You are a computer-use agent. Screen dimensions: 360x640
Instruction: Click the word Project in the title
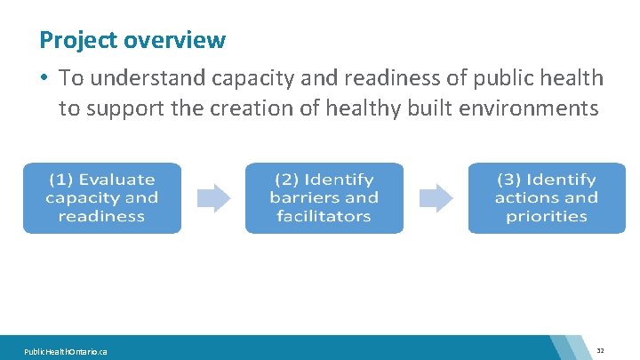point(78,41)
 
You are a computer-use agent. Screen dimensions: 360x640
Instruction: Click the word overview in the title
point(175,41)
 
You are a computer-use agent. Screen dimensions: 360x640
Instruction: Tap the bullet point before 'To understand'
point(44,78)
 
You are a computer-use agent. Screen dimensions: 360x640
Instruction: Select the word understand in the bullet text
point(145,78)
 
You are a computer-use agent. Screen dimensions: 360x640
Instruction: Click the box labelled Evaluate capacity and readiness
point(102,198)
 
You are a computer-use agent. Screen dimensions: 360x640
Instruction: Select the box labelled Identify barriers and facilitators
point(324,198)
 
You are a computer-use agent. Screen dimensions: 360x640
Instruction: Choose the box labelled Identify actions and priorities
point(547,198)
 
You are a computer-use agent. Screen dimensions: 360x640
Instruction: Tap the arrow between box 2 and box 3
point(436,198)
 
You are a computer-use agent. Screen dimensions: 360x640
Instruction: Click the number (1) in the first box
point(61,180)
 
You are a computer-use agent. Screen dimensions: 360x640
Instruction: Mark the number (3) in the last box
point(510,180)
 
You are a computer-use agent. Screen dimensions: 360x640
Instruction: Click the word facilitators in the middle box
point(324,216)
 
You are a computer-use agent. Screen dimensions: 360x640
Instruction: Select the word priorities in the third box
point(547,216)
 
